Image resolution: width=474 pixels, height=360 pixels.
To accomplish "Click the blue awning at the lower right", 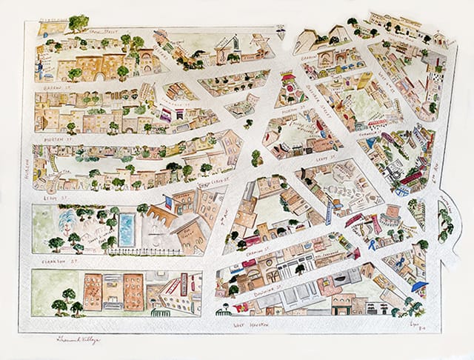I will tap(419, 286).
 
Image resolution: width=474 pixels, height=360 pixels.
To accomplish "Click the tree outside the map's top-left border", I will tap(78, 22).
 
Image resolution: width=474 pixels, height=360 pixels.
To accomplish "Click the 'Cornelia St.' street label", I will tap(368, 137).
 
